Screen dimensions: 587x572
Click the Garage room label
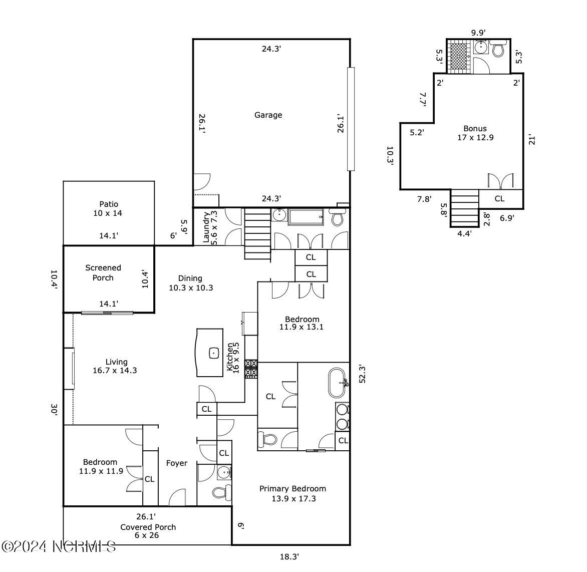click(x=268, y=115)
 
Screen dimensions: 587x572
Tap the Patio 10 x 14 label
click(x=108, y=208)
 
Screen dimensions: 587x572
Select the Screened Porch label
click(x=103, y=272)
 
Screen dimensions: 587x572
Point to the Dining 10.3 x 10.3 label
click(x=190, y=283)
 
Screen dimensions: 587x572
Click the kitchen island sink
click(x=214, y=353)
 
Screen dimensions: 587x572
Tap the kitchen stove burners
click(x=251, y=369)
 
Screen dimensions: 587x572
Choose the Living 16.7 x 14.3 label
click(x=115, y=366)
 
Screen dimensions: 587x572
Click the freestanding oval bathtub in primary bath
click(x=337, y=383)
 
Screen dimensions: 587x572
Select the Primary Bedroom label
click(x=293, y=493)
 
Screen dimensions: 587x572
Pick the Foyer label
click(x=177, y=463)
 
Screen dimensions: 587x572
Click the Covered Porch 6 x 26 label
click(x=148, y=531)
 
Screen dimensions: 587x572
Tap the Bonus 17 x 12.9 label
click(x=475, y=133)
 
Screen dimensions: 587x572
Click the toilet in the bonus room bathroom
click(x=498, y=48)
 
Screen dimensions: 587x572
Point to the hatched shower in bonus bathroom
click(x=460, y=56)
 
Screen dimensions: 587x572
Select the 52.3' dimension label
click(x=362, y=374)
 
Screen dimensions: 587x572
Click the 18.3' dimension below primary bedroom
click(x=289, y=556)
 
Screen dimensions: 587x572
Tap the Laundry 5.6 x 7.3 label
click(x=210, y=227)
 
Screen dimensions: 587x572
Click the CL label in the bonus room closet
click(x=499, y=198)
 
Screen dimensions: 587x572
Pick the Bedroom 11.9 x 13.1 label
click(x=302, y=323)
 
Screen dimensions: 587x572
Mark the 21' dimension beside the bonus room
click(x=531, y=140)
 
